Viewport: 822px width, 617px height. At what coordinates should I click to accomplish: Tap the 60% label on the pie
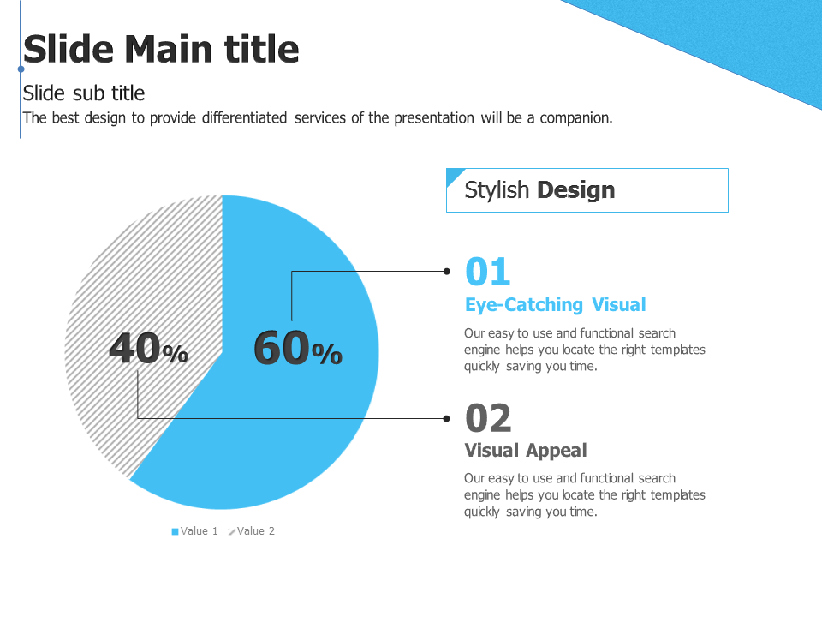coord(298,348)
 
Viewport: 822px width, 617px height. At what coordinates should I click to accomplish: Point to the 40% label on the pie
coord(148,348)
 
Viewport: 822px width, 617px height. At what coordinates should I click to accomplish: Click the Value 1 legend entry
coord(194,531)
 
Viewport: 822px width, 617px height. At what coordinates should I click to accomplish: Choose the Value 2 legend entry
coord(252,531)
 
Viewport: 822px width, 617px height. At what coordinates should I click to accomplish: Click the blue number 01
coord(487,272)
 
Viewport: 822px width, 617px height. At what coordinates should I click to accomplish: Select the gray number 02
coord(488,418)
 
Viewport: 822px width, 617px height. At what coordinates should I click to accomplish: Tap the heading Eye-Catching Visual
coord(556,305)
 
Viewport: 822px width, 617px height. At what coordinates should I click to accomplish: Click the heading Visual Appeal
coord(526,450)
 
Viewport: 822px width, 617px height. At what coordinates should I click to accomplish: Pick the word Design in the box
coord(576,189)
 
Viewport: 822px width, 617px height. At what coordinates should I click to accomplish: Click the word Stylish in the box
coord(497,190)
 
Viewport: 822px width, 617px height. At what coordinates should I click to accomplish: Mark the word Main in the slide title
coord(168,49)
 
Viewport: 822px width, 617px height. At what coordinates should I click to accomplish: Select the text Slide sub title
coord(84,93)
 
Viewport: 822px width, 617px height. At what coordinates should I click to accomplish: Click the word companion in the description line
coord(576,118)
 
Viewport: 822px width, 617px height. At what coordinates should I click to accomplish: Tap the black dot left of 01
coord(447,272)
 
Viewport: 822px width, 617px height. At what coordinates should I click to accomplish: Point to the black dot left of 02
coord(447,419)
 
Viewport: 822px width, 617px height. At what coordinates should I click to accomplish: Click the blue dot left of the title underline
coord(21,69)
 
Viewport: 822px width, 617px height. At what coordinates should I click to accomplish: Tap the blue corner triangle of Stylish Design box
coord(452,174)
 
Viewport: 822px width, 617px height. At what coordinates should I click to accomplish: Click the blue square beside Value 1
coord(175,531)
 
